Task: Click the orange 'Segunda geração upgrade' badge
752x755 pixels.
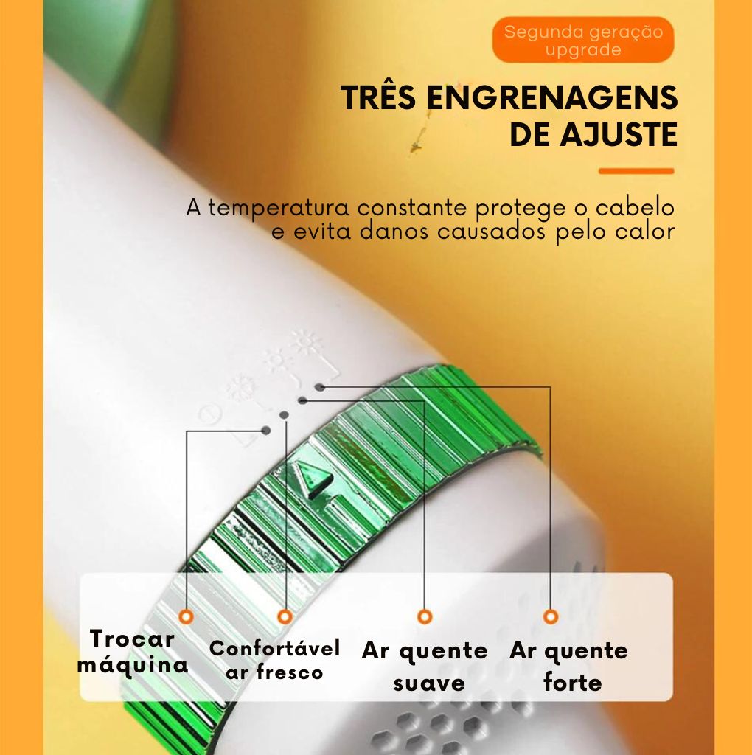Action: [582, 41]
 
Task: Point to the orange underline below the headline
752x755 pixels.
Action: [636, 171]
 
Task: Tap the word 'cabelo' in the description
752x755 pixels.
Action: [639, 207]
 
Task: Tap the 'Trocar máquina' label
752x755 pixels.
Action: [133, 652]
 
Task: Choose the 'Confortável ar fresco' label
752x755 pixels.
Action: [274, 660]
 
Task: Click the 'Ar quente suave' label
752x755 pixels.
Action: [425, 667]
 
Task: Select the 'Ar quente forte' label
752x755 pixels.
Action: [569, 667]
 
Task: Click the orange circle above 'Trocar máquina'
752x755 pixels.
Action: [186, 616]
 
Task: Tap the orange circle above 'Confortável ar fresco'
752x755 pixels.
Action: [285, 616]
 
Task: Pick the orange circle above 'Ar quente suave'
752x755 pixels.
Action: [425, 616]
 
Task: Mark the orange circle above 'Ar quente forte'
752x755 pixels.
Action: [551, 616]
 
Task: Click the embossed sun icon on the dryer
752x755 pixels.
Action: [304, 342]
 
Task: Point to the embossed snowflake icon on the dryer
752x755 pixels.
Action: [238, 387]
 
